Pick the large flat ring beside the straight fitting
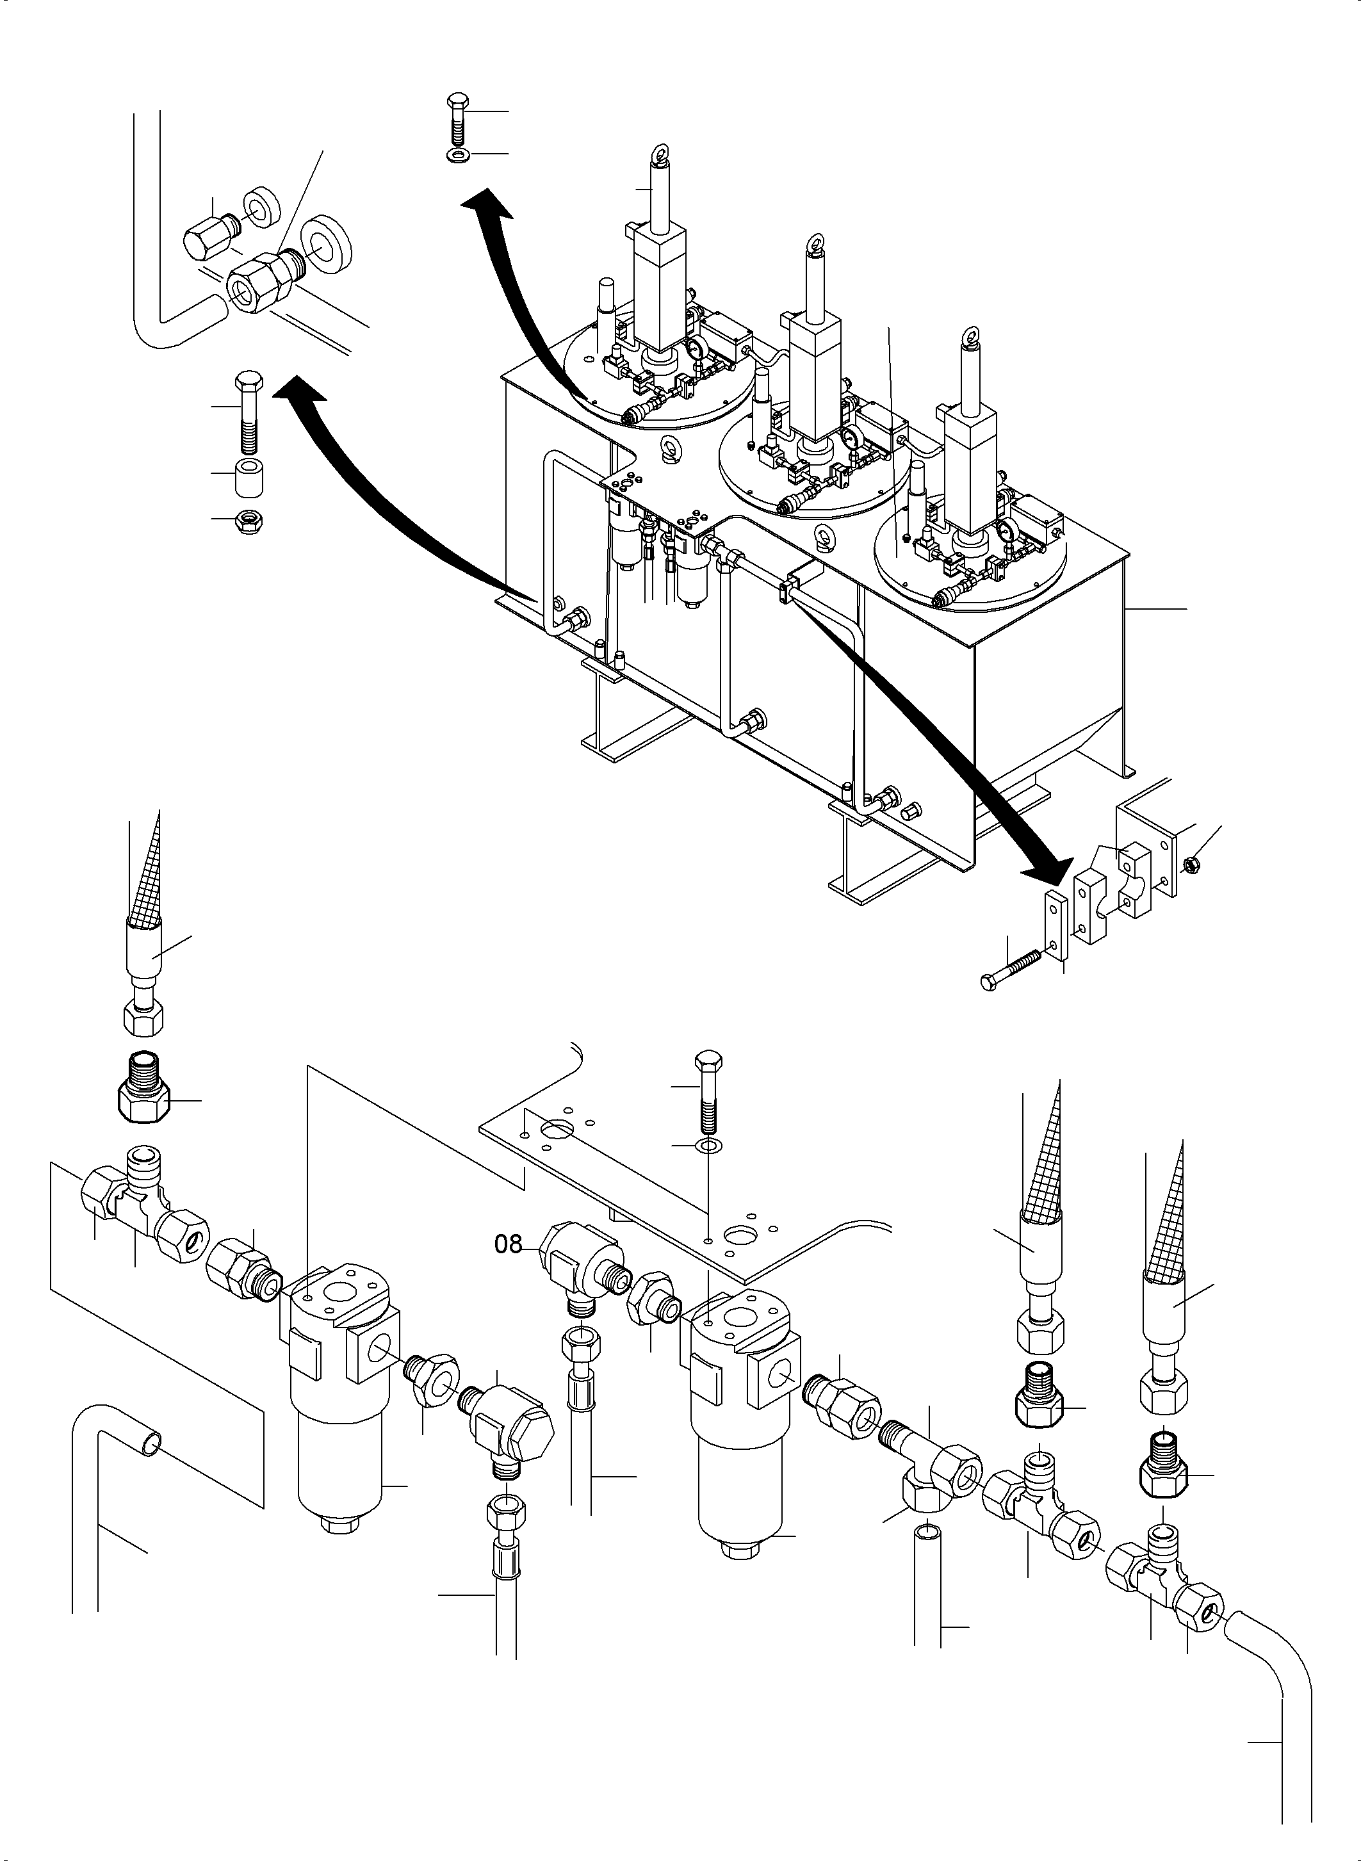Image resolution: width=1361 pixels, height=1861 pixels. coord(328,242)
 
